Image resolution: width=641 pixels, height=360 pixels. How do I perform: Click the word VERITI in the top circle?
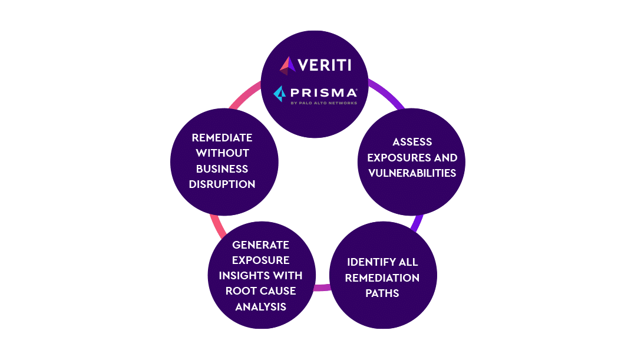click(324, 65)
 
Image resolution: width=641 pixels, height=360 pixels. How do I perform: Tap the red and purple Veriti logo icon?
click(288, 65)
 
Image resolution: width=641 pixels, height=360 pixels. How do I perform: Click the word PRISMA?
click(323, 93)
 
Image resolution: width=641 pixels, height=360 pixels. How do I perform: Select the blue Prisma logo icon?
click(280, 94)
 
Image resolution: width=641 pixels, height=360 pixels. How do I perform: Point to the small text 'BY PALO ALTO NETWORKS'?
click(323, 103)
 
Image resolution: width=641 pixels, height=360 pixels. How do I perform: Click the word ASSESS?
click(412, 142)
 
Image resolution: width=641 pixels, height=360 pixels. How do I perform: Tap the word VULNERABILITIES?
click(412, 173)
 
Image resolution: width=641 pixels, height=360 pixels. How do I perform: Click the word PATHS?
click(382, 293)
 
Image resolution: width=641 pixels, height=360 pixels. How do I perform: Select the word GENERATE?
click(261, 245)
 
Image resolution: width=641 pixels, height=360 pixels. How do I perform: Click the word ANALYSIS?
click(261, 306)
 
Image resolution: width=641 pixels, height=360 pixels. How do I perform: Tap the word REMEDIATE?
click(222, 137)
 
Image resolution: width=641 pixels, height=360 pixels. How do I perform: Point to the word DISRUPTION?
click(222, 184)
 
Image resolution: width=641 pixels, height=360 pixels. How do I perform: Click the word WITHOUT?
click(222, 153)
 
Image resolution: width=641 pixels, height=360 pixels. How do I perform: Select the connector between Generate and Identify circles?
click(322, 288)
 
